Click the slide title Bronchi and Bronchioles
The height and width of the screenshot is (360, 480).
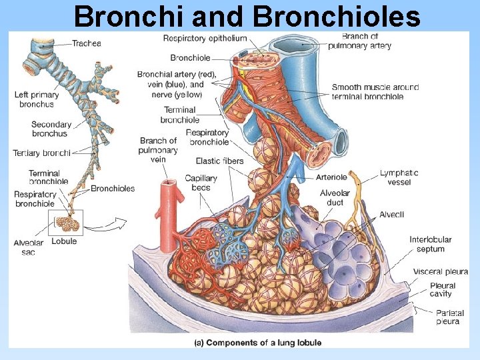[x=247, y=17]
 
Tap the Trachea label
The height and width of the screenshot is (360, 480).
[x=86, y=43]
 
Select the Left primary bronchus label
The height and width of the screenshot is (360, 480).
[x=37, y=99]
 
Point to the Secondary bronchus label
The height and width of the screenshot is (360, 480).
[x=51, y=129]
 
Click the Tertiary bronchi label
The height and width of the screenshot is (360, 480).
[x=41, y=153]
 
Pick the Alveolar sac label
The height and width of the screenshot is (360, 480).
[x=28, y=247]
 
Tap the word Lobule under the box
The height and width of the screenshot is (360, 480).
[x=64, y=241]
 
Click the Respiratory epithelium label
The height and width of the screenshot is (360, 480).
[x=205, y=39]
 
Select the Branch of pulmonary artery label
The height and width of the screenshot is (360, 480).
[x=359, y=41]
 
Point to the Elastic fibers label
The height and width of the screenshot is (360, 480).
[x=219, y=161]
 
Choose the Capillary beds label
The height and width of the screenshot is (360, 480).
[x=201, y=183]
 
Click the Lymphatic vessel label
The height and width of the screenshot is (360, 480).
[x=399, y=177]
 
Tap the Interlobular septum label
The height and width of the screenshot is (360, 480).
[x=430, y=244]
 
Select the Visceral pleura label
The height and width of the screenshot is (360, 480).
[x=440, y=272]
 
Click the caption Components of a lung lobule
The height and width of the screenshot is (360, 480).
[x=257, y=343]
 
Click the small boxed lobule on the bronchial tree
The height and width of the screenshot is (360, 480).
[x=65, y=223]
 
